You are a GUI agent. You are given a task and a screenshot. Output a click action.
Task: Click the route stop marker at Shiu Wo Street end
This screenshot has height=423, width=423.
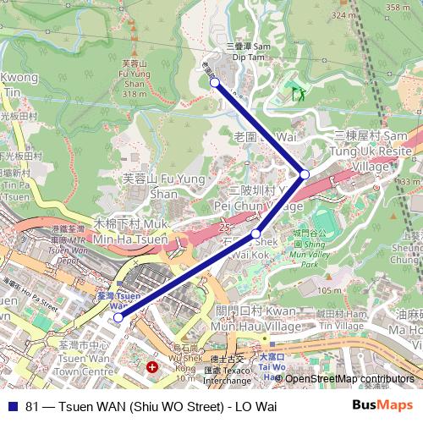(x=118, y=317)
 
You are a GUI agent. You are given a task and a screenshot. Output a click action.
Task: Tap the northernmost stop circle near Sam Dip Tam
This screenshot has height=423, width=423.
(x=215, y=82)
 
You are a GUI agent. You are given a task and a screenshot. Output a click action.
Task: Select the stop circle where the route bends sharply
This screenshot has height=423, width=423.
(x=305, y=173)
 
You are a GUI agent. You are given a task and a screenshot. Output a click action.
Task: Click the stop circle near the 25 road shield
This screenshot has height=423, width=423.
(x=256, y=233)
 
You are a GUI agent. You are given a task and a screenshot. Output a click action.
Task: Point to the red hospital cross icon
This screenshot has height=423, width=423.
(x=152, y=367)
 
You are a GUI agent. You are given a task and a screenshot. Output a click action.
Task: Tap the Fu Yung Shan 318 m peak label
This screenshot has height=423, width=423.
(x=134, y=79)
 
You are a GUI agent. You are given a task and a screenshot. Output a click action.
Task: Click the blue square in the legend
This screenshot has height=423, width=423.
(x=13, y=405)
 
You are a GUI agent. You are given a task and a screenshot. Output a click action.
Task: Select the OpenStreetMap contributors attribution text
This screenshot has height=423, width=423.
(x=351, y=378)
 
